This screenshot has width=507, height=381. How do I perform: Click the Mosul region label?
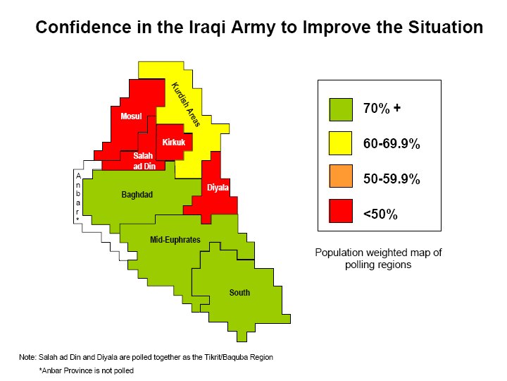[x=131, y=116]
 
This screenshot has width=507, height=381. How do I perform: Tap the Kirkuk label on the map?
[x=174, y=142]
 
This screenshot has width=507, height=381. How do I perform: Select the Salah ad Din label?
[x=144, y=161]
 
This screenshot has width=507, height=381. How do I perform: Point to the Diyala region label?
[x=218, y=188]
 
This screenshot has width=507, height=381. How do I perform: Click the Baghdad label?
[x=137, y=195]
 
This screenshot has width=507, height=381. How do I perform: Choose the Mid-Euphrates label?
[x=175, y=240]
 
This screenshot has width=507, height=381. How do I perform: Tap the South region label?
[x=239, y=293]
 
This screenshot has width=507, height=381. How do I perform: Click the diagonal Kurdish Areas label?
[x=186, y=104]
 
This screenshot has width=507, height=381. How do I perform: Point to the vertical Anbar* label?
[x=78, y=198]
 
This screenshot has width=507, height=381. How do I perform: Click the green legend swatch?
[x=341, y=110]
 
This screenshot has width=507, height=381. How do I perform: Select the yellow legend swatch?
[x=341, y=143]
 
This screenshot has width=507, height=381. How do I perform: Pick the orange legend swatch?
[x=341, y=176]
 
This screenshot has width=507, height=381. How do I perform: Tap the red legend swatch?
[x=341, y=211]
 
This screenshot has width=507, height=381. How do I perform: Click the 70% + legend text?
[x=382, y=108]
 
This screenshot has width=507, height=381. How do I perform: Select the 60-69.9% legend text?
[x=392, y=143]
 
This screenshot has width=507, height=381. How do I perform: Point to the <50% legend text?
[x=380, y=214]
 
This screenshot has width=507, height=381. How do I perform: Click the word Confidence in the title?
[x=83, y=27]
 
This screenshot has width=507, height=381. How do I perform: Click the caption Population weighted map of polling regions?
[x=378, y=258]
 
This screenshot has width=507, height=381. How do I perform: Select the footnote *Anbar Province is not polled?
[x=87, y=370]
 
